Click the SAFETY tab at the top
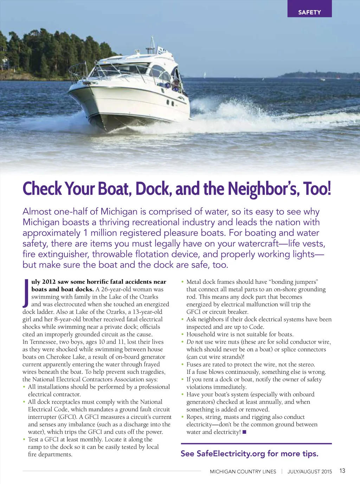point(309,12)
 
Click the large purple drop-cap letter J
point(26,293)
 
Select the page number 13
point(342,471)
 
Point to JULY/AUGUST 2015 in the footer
point(309,472)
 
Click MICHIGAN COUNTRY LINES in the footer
point(243,472)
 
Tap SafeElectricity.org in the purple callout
point(231,453)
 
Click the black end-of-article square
point(244,432)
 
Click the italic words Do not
point(195,342)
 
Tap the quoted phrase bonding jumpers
point(295,282)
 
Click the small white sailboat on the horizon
point(205,75)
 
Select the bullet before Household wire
point(182,334)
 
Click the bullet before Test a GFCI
point(24,439)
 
